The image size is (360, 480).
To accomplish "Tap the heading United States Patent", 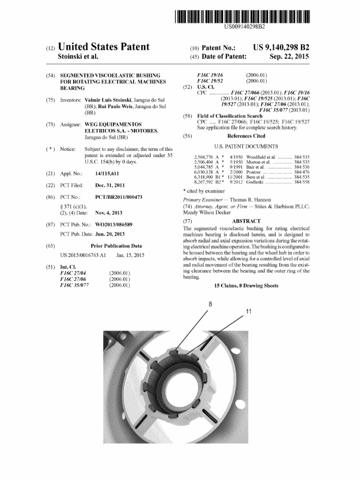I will [103, 47].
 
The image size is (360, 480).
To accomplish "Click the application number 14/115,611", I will [110, 174].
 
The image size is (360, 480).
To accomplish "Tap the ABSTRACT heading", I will [246, 221].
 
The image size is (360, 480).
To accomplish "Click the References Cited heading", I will [246, 136].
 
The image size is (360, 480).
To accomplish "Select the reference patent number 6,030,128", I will [204, 172].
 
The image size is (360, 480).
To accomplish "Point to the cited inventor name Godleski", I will [255, 182].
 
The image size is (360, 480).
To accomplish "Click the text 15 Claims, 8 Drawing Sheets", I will [246, 285].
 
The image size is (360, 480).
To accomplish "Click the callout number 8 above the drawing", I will [210, 304].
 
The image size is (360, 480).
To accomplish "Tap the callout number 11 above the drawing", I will [249, 312].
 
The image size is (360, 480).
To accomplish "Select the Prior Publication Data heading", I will [116, 246].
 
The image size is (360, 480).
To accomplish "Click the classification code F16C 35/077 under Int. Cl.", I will [76, 285].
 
